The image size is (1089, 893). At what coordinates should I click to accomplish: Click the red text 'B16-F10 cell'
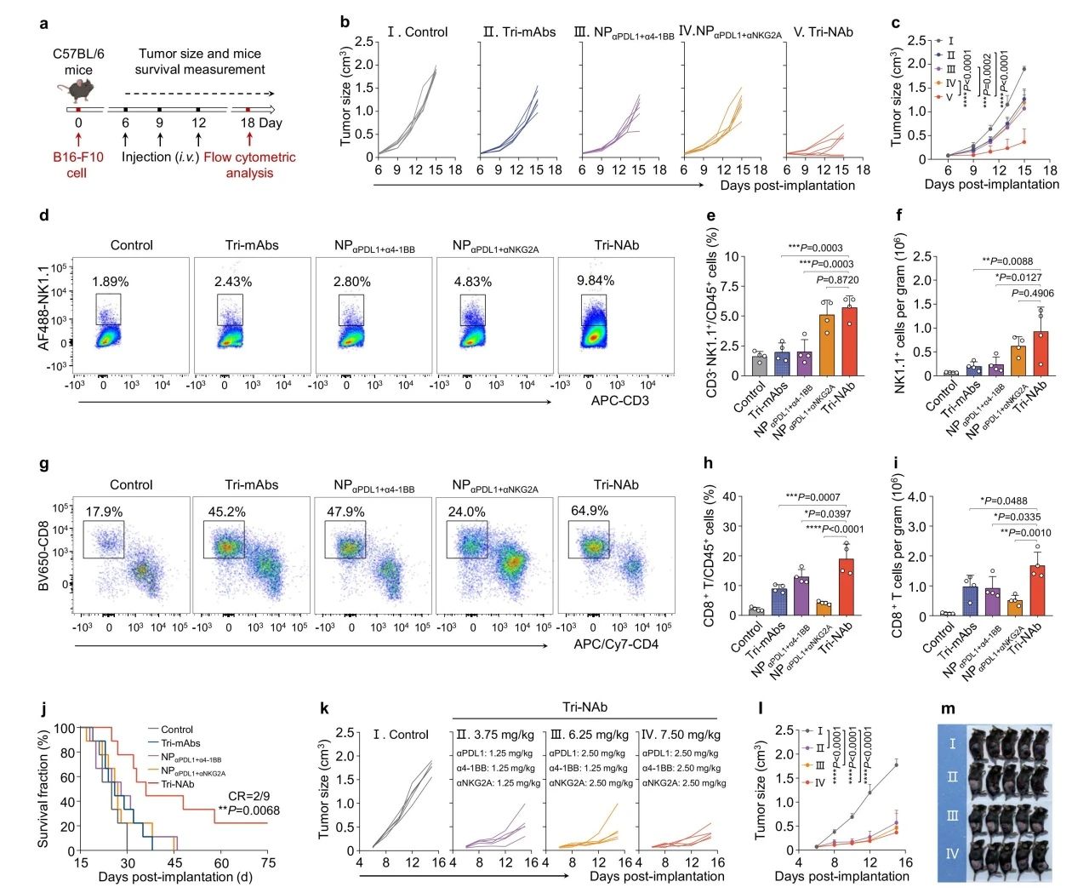coord(77,165)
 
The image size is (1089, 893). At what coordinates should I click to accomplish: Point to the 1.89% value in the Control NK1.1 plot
coord(111,282)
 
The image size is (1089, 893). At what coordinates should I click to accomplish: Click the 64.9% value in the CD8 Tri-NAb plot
coord(590,511)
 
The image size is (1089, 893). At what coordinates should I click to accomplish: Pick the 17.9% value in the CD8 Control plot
coord(104,512)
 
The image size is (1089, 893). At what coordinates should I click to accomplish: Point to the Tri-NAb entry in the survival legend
coord(177,783)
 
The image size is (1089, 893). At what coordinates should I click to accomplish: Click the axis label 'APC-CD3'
coord(619,400)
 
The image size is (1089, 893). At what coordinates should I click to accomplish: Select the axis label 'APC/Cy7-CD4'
coord(615,644)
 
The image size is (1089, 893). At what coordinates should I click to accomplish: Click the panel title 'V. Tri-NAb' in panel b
coord(823,32)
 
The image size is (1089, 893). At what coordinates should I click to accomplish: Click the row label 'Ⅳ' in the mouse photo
coord(952,852)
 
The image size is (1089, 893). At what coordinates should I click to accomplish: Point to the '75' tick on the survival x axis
coord(268,863)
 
